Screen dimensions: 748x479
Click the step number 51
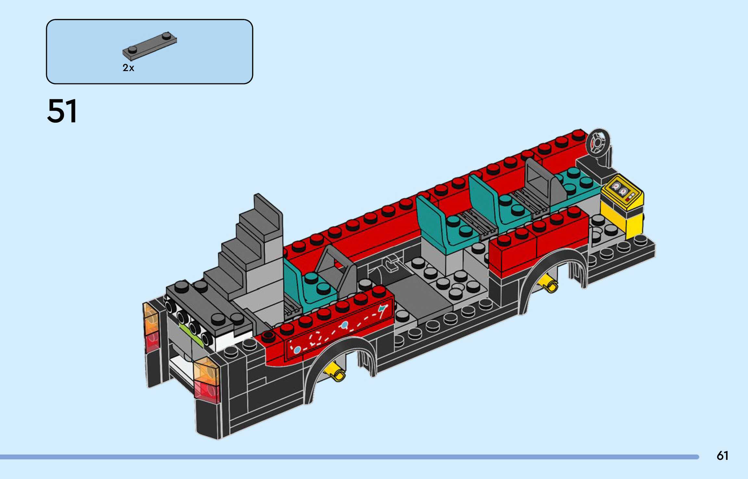(x=62, y=111)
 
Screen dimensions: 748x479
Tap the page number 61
(x=722, y=456)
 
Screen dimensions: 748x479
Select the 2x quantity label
(x=128, y=68)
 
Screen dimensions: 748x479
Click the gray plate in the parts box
(x=150, y=46)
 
